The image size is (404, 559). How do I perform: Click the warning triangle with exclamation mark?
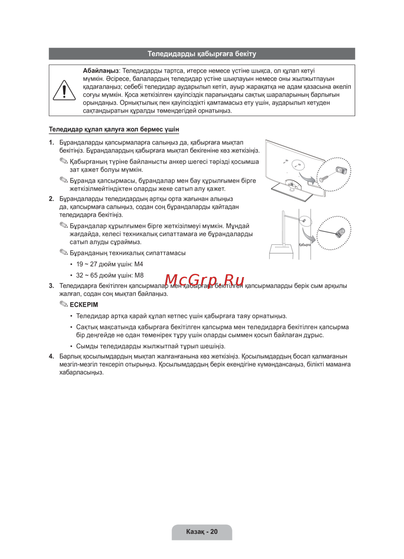pos(64,90)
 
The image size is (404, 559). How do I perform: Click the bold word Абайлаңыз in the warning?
pos(101,71)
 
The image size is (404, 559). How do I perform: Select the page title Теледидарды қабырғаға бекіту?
pos(202,54)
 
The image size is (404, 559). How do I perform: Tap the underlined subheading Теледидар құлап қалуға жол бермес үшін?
pos(114,129)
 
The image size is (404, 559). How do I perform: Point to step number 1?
pos(51,143)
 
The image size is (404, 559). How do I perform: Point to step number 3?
pos(51,286)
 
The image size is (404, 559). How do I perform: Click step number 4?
pos(51,357)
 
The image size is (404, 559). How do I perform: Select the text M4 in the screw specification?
pos(139,264)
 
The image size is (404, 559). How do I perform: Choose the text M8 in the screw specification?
pos(139,275)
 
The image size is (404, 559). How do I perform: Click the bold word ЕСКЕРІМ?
pos(84,305)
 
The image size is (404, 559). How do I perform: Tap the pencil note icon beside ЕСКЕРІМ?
pos(64,304)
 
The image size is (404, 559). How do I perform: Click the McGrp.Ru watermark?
pos(204,280)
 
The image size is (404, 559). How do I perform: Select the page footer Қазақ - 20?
pos(202,532)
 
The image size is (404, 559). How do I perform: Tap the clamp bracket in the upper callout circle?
pos(341,170)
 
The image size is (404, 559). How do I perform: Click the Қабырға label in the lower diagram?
pos(305,245)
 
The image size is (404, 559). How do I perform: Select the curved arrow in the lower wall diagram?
pos(308,235)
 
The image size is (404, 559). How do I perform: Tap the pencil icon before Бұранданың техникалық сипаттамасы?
pos(64,253)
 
